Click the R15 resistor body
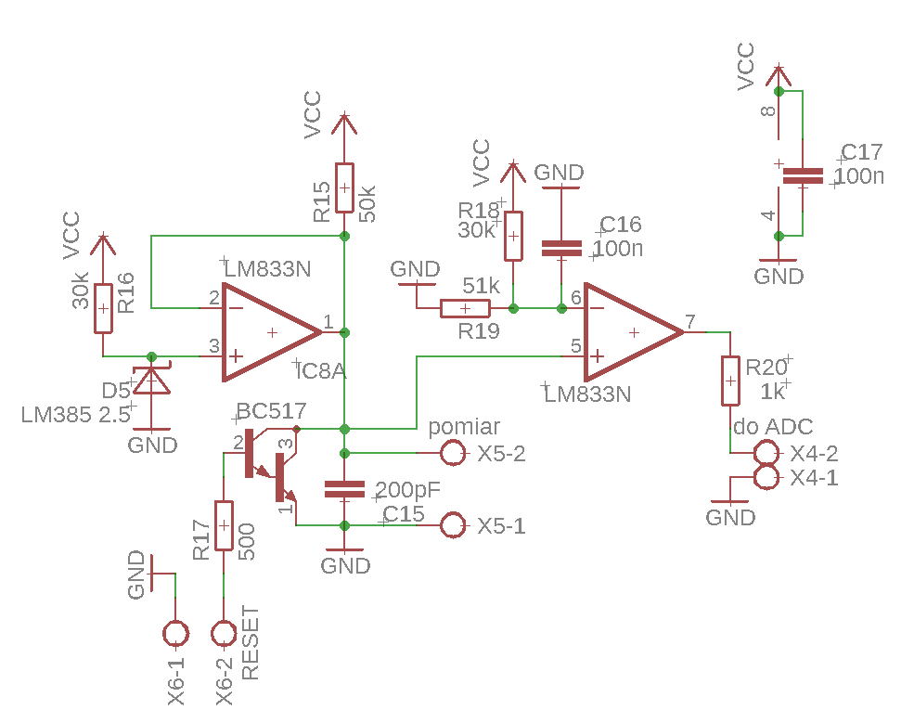[344, 187]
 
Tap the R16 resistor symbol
[103, 308]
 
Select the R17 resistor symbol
[224, 525]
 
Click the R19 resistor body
[465, 308]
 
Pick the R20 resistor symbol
[730, 381]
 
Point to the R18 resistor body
[513, 236]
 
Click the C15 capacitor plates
[344, 490]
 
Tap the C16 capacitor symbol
[561, 249]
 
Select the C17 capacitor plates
[803, 176]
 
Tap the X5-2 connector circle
[453, 453]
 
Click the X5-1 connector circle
[453, 525]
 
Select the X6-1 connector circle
[175, 634]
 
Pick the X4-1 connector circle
[766, 478]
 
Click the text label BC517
[271, 411]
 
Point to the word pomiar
[464, 427]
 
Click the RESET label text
[250, 643]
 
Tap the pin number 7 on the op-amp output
[690, 321]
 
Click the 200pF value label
[408, 490]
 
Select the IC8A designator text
[321, 371]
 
